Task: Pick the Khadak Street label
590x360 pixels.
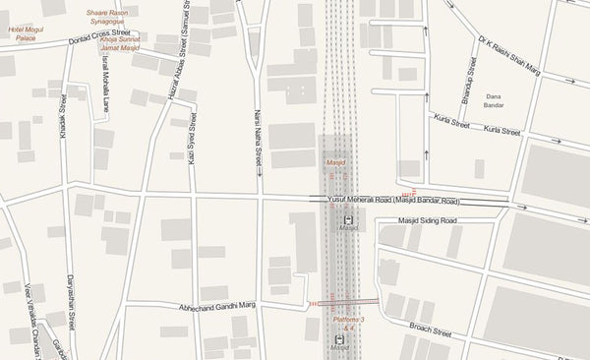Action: coord(63,115)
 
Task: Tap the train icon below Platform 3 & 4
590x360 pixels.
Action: coord(339,339)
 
